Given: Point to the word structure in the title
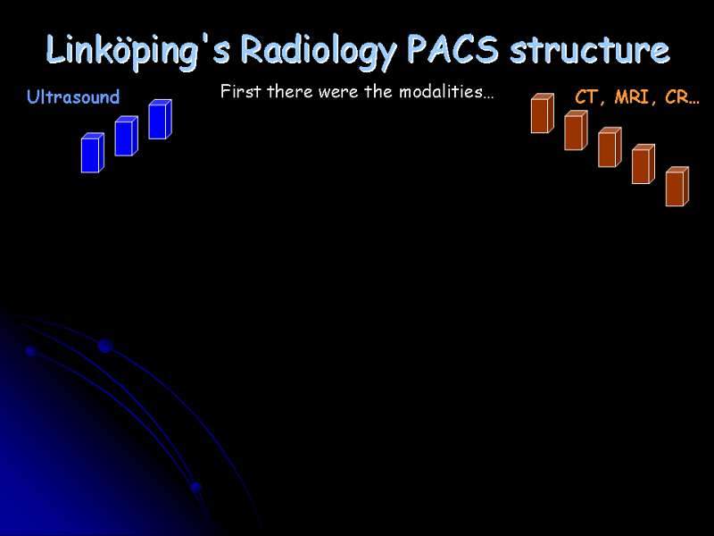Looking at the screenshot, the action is pos(590,49).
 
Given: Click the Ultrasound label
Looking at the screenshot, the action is pos(73,96).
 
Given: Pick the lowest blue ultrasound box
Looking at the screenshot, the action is pos(93,153).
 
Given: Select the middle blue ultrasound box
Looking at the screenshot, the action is pos(126,136).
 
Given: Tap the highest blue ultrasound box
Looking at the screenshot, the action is pos(160,120).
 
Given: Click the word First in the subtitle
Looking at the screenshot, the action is pos(241,92).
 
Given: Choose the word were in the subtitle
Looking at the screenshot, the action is pos(338,93).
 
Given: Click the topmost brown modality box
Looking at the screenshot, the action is pos(543,113).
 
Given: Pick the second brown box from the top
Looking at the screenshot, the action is pos(576,130).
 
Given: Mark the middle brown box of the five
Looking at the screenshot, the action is pos(610,147).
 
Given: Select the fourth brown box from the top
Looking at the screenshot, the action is pos(643,164).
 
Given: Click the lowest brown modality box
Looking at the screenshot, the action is pos(677,187).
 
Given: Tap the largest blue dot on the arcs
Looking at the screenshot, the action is pos(105,346).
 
